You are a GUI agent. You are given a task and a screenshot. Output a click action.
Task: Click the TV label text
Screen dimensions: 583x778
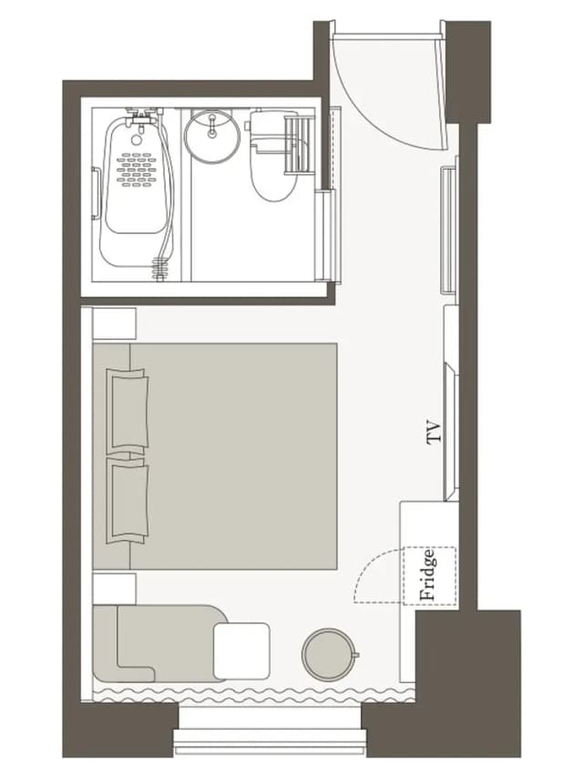click(433, 432)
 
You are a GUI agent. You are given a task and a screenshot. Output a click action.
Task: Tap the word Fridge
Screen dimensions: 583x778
click(428, 576)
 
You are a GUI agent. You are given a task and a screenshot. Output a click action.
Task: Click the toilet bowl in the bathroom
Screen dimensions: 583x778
click(273, 171)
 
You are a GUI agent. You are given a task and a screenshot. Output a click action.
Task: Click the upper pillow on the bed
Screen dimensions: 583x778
click(128, 409)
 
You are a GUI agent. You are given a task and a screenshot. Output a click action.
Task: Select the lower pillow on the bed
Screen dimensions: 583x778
click(128, 501)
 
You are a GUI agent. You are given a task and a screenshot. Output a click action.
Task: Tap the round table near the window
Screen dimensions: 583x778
click(328, 654)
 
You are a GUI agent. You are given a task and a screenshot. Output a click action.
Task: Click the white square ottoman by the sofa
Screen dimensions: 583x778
click(242, 651)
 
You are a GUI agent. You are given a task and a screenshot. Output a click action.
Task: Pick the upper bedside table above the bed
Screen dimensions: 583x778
click(115, 324)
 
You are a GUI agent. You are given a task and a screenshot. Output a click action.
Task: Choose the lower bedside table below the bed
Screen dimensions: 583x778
click(115, 589)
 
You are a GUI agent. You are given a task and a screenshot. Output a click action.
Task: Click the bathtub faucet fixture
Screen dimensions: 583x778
click(144, 116)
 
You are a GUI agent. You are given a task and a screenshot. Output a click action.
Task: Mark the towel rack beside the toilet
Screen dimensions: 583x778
click(299, 144)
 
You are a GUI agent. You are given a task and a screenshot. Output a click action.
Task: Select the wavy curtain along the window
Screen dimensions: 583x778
click(254, 694)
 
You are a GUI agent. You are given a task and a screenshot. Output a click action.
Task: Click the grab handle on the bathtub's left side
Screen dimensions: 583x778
click(96, 193)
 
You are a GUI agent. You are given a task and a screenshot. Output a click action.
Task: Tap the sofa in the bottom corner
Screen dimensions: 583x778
click(159, 643)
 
